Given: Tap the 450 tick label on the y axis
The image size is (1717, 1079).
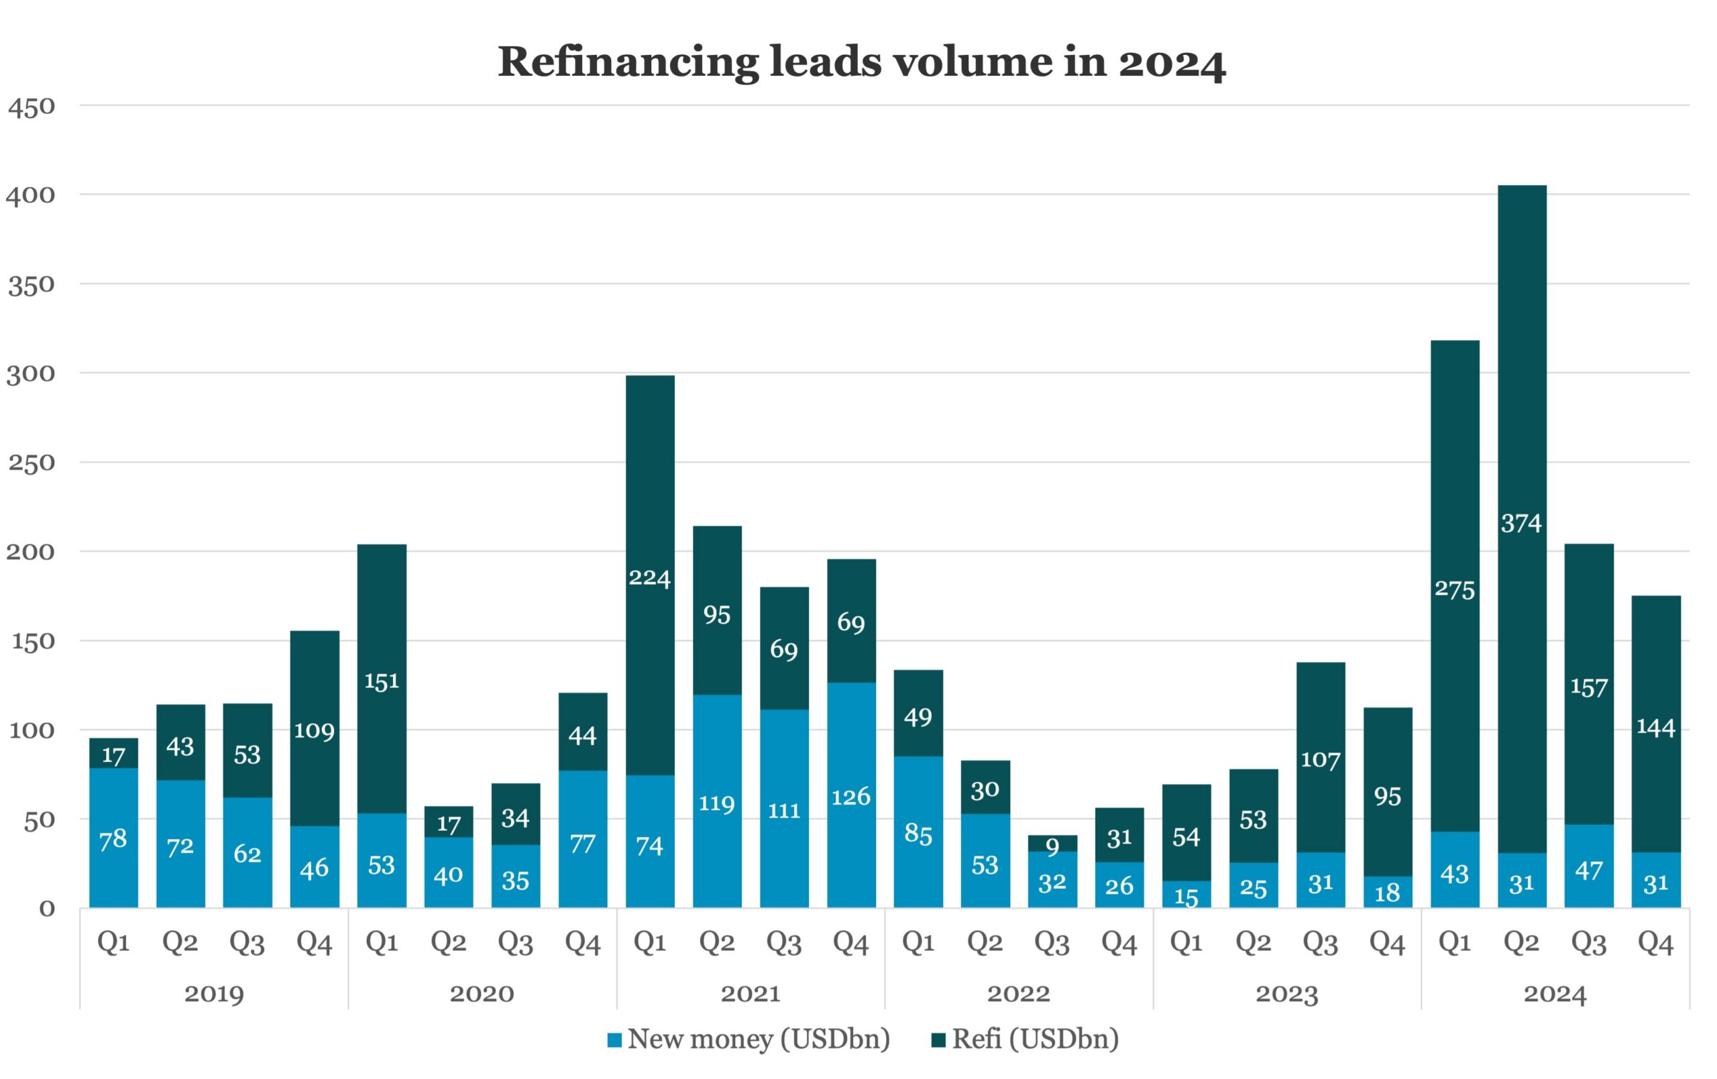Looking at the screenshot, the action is click(x=32, y=107).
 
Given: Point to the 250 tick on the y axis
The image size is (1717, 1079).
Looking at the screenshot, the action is click(x=32, y=463).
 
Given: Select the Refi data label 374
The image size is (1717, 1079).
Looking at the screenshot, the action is click(x=1522, y=524).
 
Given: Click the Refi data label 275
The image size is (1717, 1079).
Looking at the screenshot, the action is click(x=1455, y=589).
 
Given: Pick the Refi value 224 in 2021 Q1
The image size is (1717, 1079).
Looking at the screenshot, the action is click(x=650, y=577).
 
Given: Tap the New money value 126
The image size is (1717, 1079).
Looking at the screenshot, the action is click(x=851, y=797).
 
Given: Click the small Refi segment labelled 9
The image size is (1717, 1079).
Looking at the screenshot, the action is click(x=1052, y=843).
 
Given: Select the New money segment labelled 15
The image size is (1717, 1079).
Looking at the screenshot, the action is click(x=1186, y=895).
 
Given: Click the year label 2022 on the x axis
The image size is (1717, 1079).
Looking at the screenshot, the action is click(x=1019, y=993).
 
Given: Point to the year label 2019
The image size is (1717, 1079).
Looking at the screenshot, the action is click(x=214, y=993).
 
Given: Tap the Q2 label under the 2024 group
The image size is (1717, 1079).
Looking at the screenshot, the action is click(x=1522, y=943).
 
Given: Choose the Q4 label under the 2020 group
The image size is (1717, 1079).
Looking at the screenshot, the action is click(x=583, y=943).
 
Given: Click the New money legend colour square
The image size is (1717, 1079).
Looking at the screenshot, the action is click(x=614, y=1041).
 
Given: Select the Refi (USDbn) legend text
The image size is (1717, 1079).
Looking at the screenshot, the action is click(x=1036, y=1039).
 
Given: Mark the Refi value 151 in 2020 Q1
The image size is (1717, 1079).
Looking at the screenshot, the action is click(x=382, y=681).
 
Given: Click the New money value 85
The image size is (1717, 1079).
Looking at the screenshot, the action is click(x=918, y=834).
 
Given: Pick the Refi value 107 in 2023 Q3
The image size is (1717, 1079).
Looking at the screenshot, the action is click(x=1321, y=760).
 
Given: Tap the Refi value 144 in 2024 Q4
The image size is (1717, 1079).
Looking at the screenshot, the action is click(x=1656, y=728).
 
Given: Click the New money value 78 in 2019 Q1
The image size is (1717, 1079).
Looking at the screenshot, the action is click(x=113, y=839).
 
